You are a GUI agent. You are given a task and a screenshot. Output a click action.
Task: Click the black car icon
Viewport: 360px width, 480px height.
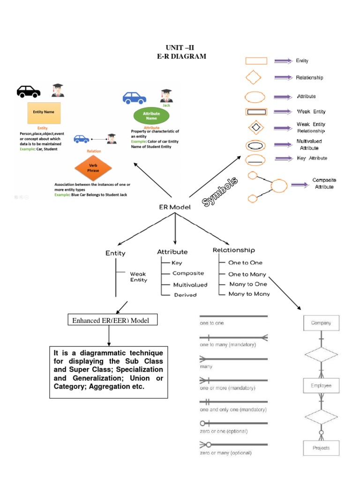click(x=29, y=91)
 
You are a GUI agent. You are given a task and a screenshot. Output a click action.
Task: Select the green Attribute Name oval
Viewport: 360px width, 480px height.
click(x=151, y=116)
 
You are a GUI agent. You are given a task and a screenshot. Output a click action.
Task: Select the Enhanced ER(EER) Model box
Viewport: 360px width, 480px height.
click(x=112, y=320)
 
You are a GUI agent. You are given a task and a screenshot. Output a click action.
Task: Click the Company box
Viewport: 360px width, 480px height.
click(x=321, y=323)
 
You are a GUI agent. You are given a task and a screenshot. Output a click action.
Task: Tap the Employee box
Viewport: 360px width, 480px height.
click(x=321, y=385)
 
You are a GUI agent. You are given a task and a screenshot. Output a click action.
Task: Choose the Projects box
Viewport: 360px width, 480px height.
click(x=321, y=448)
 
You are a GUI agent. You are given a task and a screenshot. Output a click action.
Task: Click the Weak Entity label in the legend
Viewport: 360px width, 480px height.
click(x=311, y=112)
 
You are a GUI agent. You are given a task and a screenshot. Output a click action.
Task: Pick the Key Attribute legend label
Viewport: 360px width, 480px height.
click(x=312, y=158)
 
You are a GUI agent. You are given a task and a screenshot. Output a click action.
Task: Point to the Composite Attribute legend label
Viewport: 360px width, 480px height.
click(x=324, y=183)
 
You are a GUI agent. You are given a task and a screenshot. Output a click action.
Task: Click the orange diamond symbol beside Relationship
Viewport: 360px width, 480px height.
click(x=254, y=77)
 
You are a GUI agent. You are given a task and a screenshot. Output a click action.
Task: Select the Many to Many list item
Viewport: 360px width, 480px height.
click(x=249, y=294)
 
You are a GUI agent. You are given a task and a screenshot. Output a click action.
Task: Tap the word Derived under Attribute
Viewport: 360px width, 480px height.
click(x=185, y=295)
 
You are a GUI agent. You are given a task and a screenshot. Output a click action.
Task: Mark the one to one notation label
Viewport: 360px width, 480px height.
click(x=212, y=323)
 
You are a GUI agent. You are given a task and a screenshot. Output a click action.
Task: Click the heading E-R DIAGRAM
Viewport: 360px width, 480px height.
click(x=181, y=56)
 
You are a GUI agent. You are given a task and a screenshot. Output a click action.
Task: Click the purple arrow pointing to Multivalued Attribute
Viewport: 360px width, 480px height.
click(x=283, y=144)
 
